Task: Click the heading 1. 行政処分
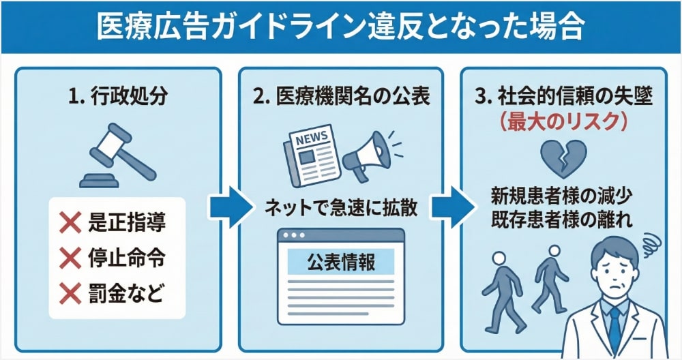[118, 97]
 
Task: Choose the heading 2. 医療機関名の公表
[341, 97]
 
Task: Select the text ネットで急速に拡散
[341, 206]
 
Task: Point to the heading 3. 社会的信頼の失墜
[563, 97]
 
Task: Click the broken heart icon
[563, 156]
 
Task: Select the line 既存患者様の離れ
[563, 220]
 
